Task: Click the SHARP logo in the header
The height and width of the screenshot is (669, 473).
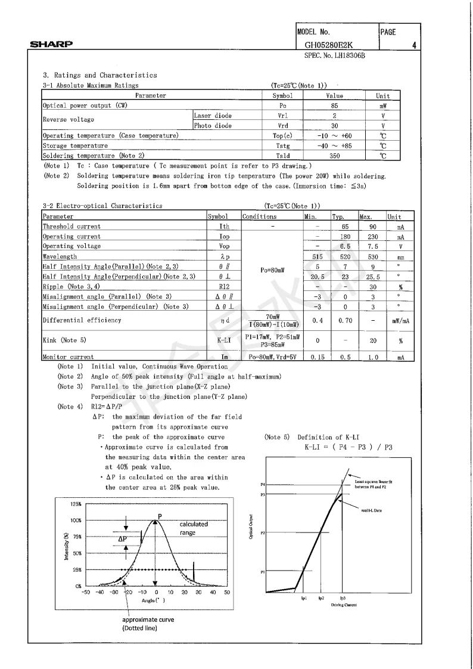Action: pyautogui.click(x=52, y=44)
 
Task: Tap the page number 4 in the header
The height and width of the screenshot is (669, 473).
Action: pyautogui.click(x=413, y=45)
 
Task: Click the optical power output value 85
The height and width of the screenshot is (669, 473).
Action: pyautogui.click(x=334, y=106)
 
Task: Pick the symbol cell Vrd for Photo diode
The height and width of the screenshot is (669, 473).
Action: pyautogui.click(x=283, y=126)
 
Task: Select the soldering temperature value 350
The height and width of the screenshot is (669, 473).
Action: pyautogui.click(x=334, y=156)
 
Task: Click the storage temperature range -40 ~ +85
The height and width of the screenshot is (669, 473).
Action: pyautogui.click(x=334, y=145)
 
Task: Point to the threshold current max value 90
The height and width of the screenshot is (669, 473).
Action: pyautogui.click(x=372, y=227)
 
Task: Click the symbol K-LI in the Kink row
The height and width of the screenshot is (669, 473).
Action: pyautogui.click(x=224, y=341)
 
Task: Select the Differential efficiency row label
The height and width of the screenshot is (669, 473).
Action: pyautogui.click(x=82, y=320)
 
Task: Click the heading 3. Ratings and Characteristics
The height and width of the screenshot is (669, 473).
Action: pyautogui.click(x=100, y=75)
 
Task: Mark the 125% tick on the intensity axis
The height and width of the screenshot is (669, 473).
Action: pyautogui.click(x=76, y=504)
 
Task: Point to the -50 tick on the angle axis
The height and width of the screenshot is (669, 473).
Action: pyautogui.click(x=85, y=592)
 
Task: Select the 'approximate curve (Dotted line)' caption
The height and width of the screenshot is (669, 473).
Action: pyautogui.click(x=148, y=624)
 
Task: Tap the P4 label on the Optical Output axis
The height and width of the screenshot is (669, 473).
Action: pyautogui.click(x=262, y=484)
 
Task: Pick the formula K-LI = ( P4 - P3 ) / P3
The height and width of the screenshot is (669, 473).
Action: pyautogui.click(x=348, y=447)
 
